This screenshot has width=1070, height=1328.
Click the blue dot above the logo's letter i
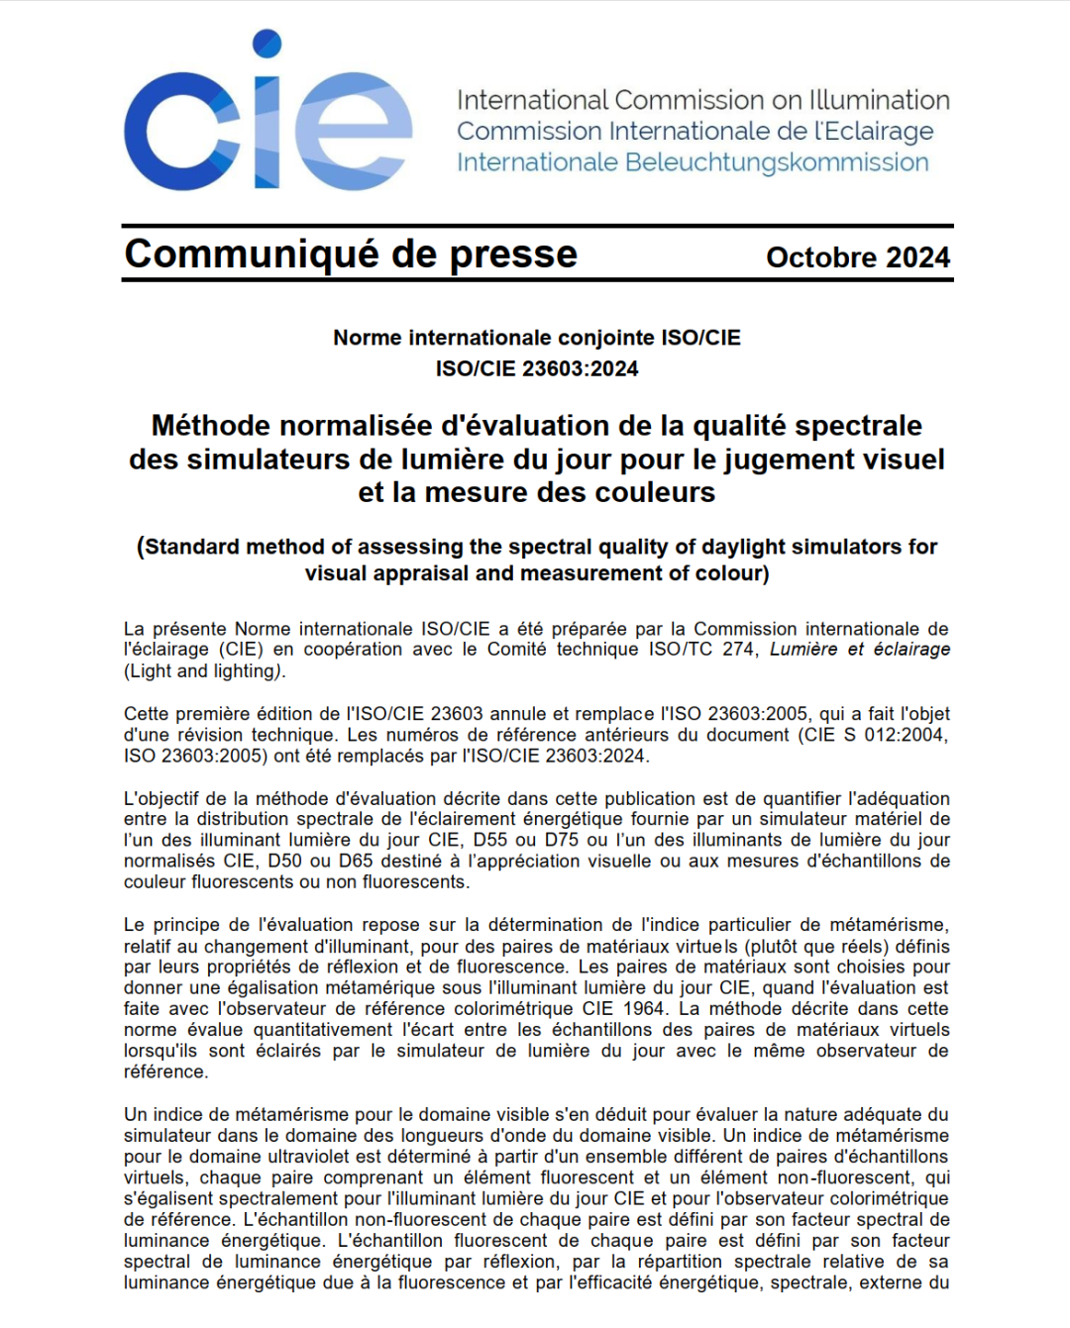point(267,44)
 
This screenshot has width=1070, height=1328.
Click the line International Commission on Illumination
point(702,100)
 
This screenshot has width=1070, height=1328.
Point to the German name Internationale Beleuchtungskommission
point(693,162)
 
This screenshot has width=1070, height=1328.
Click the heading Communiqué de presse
point(351,255)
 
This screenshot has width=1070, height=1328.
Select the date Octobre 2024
point(857,257)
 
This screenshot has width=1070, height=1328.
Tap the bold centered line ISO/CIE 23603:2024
point(537,368)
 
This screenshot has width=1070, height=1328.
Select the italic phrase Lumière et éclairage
point(859,650)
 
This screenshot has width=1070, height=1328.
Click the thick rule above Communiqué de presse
point(537,227)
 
